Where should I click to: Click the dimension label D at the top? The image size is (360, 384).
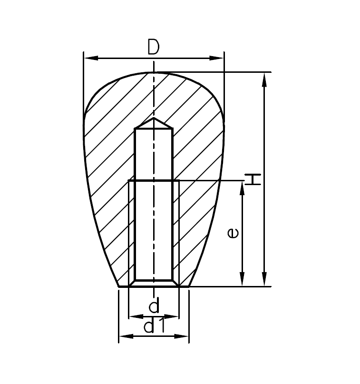153,47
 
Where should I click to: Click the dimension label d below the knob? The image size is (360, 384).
154,305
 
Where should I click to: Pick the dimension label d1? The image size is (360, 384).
154,326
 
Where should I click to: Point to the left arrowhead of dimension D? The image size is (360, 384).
88,59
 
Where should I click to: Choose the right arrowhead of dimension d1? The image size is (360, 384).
185,336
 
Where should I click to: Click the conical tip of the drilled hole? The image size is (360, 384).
154,118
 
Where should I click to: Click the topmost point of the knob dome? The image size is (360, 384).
154,72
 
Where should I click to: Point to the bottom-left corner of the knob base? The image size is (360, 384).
118,286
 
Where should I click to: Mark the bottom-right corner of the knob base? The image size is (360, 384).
189,286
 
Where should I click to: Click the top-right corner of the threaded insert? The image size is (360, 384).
179,181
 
